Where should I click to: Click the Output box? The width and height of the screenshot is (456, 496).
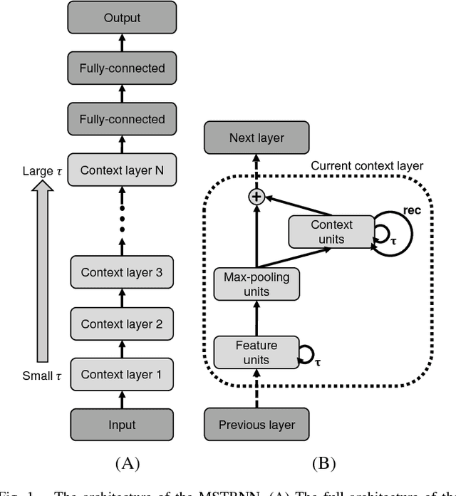click(122, 17)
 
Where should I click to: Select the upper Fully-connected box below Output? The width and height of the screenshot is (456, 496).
click(122, 68)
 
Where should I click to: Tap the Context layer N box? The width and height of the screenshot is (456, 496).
click(122, 170)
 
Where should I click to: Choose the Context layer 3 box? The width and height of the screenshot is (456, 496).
click(122, 272)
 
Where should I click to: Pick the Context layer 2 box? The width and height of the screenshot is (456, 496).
click(122, 324)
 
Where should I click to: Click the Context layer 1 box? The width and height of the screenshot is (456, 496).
click(122, 374)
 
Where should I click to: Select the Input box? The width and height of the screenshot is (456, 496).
click(122, 425)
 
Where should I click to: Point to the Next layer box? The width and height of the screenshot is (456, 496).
click(256, 138)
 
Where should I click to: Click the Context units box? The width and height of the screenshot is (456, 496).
click(331, 232)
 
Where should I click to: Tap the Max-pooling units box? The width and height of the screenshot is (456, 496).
click(256, 284)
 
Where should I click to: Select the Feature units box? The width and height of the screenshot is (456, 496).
click(256, 352)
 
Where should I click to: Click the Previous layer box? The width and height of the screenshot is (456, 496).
click(256, 425)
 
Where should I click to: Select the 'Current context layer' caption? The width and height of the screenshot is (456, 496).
click(367, 166)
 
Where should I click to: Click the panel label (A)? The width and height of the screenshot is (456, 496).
click(127, 463)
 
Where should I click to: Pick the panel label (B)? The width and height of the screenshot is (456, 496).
click(323, 463)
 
